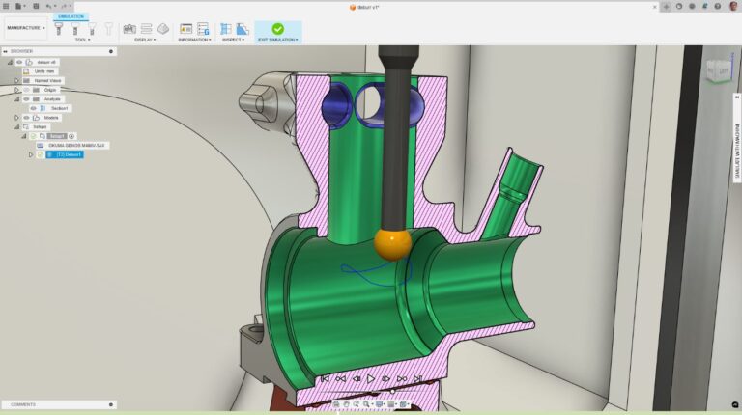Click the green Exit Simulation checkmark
click(277, 29)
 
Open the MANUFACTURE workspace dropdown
click(25, 27)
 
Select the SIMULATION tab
click(71, 16)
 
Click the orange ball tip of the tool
click(392, 244)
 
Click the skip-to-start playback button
click(325, 378)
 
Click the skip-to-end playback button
click(417, 378)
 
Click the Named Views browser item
click(47, 80)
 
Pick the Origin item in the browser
click(49, 90)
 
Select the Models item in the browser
click(51, 118)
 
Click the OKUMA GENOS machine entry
click(78, 146)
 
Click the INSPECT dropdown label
click(232, 40)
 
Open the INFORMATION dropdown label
click(194, 40)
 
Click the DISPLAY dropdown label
click(145, 40)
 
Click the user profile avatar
click(731, 6)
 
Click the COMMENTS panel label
click(24, 404)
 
